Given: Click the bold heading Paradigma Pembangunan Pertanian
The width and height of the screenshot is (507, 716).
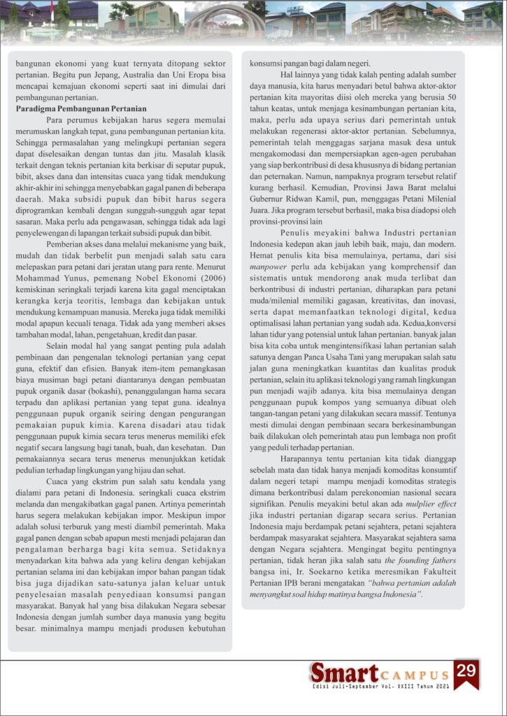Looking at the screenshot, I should click(x=81, y=108).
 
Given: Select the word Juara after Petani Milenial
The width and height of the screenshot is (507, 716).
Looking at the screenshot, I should click(x=263, y=219).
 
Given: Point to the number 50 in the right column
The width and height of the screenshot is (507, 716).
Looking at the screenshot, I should click(x=451, y=96).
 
